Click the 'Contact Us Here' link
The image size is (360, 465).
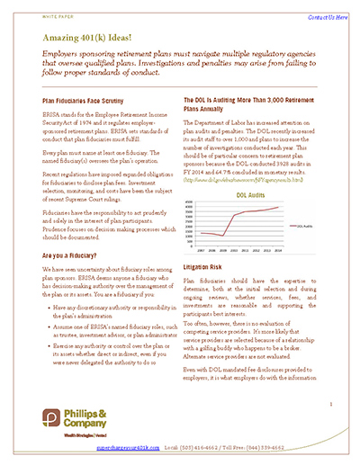click(328, 17)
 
